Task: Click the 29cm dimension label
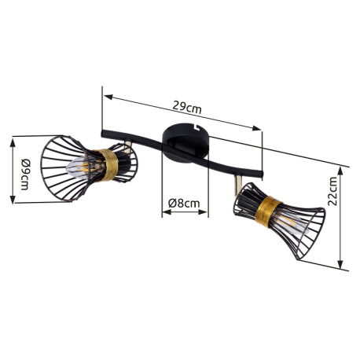tap(187, 107)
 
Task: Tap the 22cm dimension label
tap(332, 191)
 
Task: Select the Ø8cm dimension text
tap(184, 203)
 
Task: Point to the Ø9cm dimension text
tap(26, 174)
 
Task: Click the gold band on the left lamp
tap(108, 165)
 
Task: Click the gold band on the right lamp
tap(268, 212)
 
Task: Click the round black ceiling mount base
tap(186, 143)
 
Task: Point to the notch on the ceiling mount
tap(197, 127)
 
